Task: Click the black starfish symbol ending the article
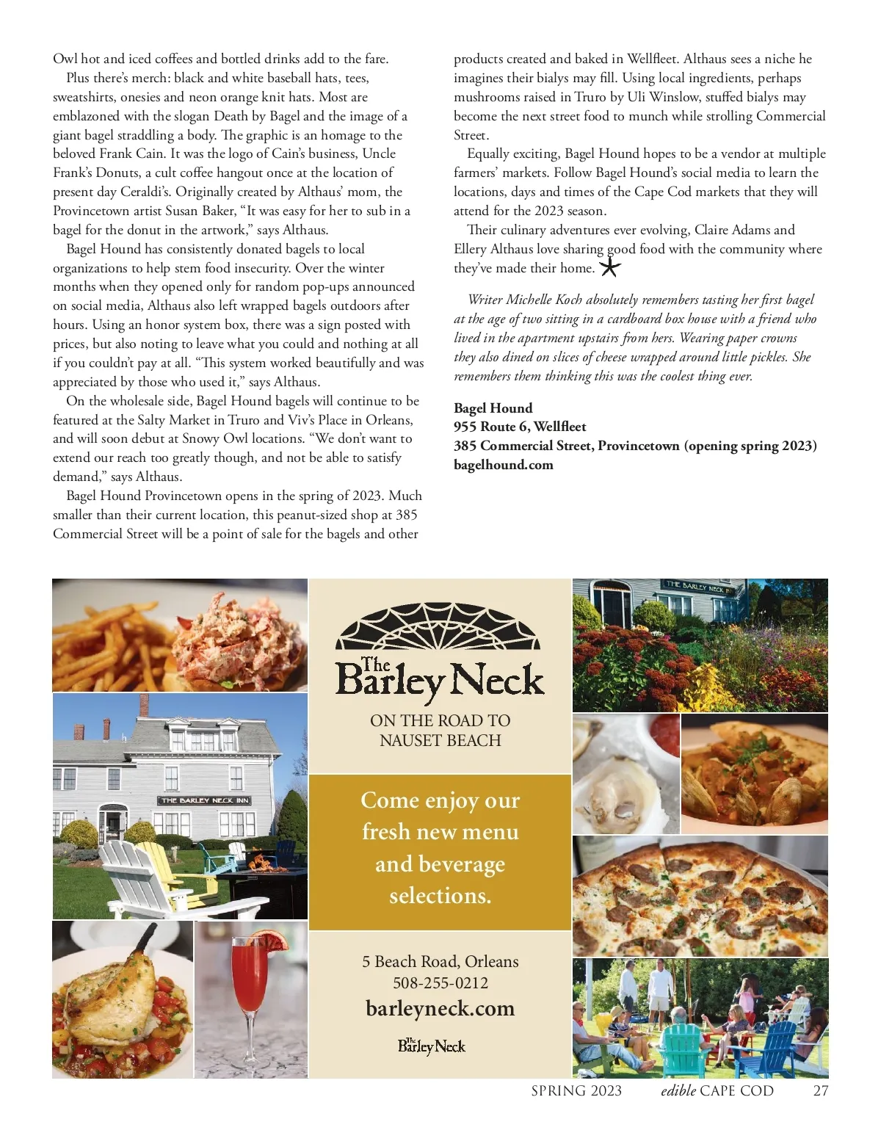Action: coord(609,267)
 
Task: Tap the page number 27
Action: coord(821,1090)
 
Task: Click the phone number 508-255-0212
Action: coord(440,982)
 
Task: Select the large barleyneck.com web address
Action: coord(440,1008)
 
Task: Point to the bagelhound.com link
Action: coord(503,465)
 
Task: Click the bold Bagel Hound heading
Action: coord(493,408)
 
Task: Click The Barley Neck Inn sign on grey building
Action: coord(205,800)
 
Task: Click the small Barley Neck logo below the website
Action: coord(432,1046)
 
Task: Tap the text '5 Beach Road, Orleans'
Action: coord(440,961)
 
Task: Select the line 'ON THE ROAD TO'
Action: coord(440,720)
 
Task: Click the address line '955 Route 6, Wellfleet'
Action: coord(520,427)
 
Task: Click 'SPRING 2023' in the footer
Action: coord(576,1090)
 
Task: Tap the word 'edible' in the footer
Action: coord(678,1090)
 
